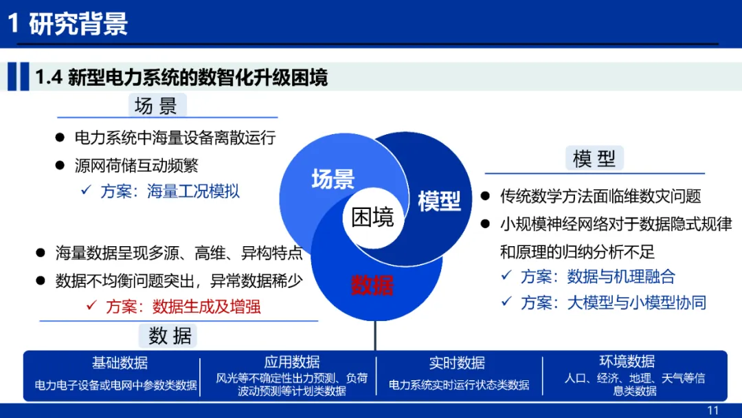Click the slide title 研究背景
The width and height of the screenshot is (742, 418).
(78, 23)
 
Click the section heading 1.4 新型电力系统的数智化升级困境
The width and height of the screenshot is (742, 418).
(181, 77)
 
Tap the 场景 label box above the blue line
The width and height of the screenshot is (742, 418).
(157, 105)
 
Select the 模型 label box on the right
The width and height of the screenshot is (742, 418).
(594, 158)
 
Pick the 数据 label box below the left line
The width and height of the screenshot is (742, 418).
(168, 335)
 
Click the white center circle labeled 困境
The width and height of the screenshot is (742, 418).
(373, 218)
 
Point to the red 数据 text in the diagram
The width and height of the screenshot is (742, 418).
(372, 285)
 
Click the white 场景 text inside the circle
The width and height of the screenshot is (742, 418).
(333, 179)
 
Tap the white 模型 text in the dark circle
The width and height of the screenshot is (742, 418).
(439, 201)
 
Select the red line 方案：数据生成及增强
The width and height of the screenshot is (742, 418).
(183, 306)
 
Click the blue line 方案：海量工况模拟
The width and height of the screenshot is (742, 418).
(170, 191)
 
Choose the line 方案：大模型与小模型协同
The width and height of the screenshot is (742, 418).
(613, 302)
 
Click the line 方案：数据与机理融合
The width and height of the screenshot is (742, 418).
(597, 276)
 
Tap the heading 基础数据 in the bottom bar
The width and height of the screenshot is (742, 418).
(120, 362)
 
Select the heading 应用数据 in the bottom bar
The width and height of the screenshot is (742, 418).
(292, 362)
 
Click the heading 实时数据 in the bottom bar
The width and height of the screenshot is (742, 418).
(457, 362)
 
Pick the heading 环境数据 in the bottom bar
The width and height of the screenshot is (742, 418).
(627, 361)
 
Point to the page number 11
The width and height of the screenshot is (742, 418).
(712, 410)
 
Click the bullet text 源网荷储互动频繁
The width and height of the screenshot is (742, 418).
(136, 165)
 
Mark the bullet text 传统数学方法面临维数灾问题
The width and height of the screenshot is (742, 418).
(600, 196)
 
